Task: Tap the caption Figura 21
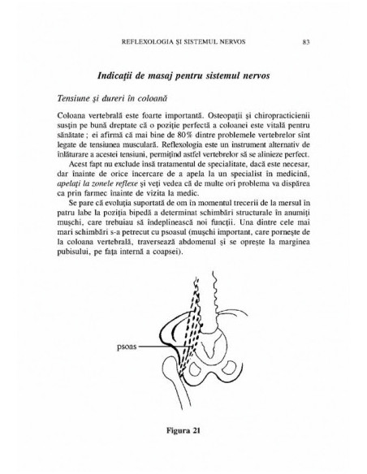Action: [183, 429]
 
